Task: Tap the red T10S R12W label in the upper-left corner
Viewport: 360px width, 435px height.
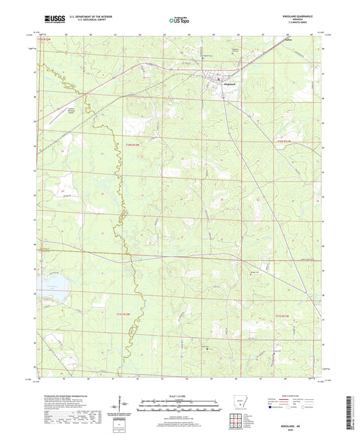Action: [45, 40]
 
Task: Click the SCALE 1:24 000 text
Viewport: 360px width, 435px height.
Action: [179, 395]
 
